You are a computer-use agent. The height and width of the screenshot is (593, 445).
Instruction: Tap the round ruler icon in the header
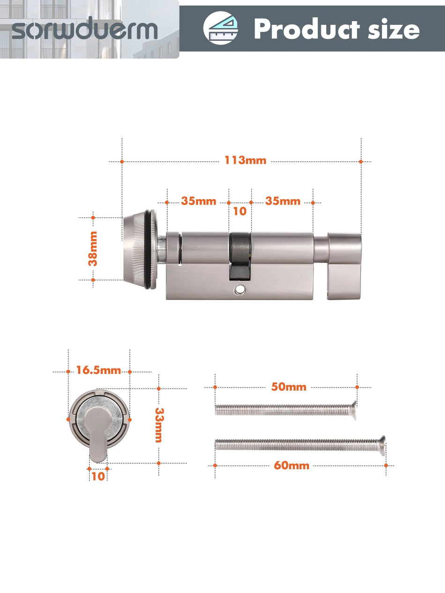coord(220,29)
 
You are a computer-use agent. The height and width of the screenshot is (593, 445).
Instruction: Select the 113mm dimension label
coord(245,161)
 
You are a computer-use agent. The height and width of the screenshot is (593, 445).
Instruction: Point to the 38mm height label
coord(93,249)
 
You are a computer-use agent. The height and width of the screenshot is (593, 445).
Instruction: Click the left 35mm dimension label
coord(199,201)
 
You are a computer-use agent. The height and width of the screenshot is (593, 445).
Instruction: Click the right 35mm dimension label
coord(282,201)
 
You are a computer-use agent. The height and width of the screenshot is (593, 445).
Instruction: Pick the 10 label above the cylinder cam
coord(239,212)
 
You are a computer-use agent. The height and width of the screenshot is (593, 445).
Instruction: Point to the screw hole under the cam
coord(240,290)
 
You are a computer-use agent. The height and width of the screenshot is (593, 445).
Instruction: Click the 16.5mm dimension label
coord(99,371)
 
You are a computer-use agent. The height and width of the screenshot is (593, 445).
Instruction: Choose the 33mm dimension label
coord(159,425)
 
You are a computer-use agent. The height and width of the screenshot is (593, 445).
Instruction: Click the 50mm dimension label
coord(289,387)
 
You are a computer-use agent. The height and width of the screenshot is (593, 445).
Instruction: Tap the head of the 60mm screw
coord(382,443)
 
